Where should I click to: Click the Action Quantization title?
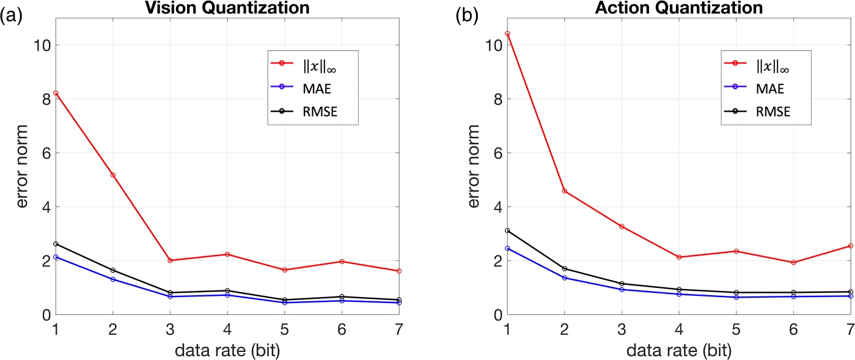click(678, 8)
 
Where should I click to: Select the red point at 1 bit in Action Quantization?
click(507, 34)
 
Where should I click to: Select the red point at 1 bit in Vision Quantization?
click(56, 93)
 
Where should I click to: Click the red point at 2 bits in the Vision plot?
click(112, 175)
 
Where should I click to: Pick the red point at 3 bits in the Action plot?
click(622, 226)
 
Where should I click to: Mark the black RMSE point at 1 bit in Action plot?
click(507, 230)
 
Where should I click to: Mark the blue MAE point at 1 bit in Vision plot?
click(56, 257)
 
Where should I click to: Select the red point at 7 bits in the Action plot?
click(850, 246)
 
